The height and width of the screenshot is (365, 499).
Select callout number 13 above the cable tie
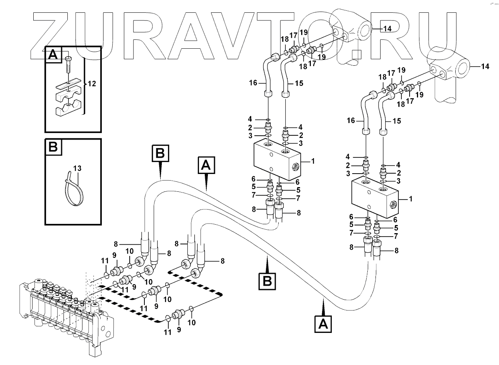tap(77, 168)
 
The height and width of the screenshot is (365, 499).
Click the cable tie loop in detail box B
tap(72, 189)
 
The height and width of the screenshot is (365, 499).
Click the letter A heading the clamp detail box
tap(53, 56)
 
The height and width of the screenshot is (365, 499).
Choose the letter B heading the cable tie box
tap(53, 147)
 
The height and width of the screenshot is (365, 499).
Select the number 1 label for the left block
tap(313, 161)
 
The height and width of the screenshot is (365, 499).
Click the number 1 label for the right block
tap(411, 199)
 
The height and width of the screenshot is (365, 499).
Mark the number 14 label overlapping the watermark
tap(388, 29)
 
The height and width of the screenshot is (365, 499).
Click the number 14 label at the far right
tap(485, 67)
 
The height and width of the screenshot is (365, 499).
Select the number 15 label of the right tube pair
tap(397, 121)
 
